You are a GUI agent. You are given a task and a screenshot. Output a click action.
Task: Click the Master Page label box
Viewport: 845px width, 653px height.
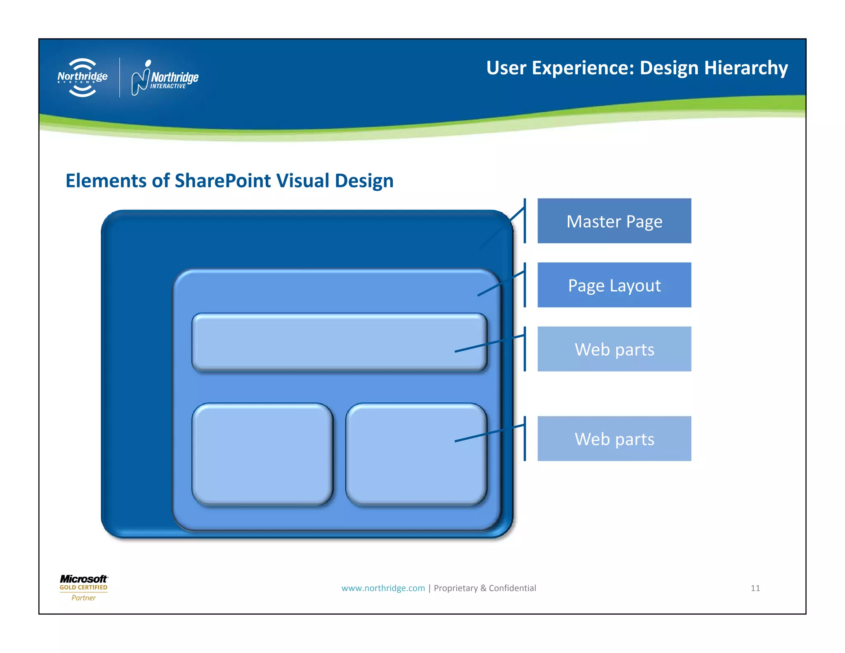pyautogui.click(x=614, y=221)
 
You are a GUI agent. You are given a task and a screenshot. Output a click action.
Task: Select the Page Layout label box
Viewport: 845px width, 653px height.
pyautogui.click(x=614, y=285)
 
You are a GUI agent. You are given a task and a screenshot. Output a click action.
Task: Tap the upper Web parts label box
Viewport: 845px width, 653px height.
pyautogui.click(x=614, y=349)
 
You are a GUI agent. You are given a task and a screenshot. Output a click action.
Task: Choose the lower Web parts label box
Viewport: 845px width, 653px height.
pyautogui.click(x=614, y=438)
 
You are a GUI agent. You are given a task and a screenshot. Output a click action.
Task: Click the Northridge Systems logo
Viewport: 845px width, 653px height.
pyautogui.click(x=83, y=77)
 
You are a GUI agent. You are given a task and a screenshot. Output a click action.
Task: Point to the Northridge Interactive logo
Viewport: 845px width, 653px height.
pyautogui.click(x=165, y=78)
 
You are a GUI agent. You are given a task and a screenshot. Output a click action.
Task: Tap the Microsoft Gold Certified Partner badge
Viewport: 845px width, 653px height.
pyautogui.click(x=84, y=587)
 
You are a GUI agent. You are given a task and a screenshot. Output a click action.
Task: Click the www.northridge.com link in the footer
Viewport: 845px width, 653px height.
pyautogui.click(x=383, y=588)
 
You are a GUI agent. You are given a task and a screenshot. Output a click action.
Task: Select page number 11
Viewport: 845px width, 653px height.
pyautogui.click(x=755, y=588)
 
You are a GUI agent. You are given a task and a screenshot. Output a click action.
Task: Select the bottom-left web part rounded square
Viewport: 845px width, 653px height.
pyautogui.click(x=262, y=454)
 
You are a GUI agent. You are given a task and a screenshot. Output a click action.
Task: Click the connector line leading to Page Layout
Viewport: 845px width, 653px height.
pyautogui.click(x=500, y=283)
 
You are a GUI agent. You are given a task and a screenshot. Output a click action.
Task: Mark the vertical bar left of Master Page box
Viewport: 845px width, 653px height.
pyautogui.click(x=524, y=221)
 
